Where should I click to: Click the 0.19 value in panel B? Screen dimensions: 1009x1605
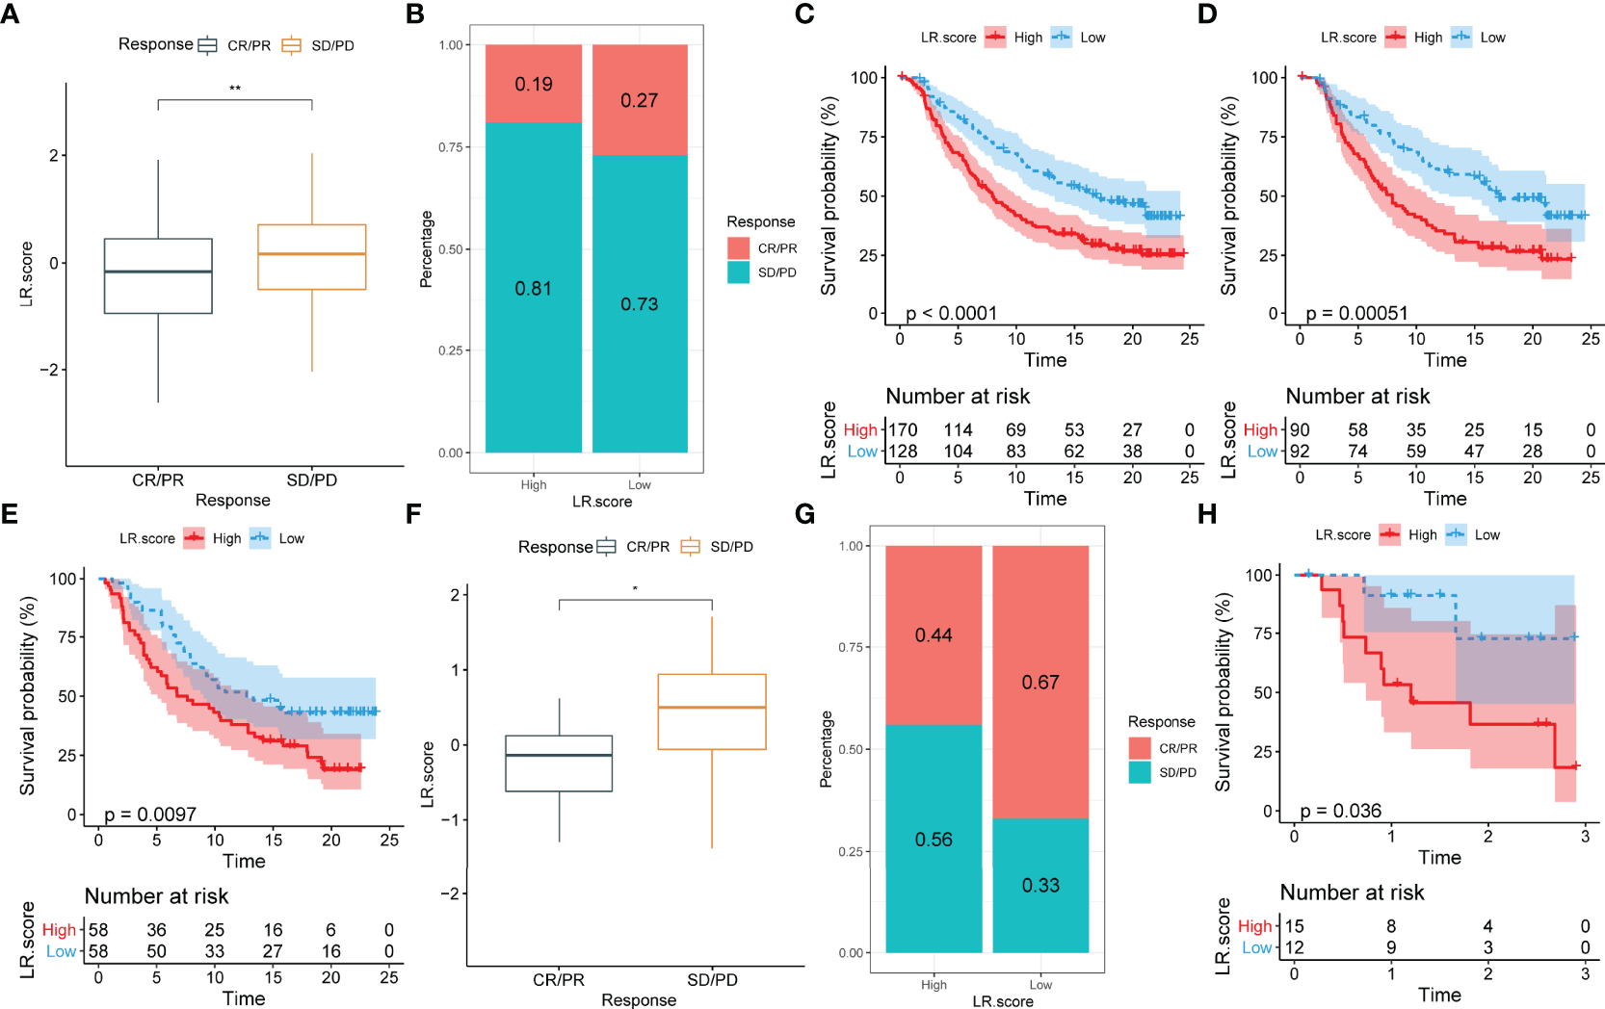(x=534, y=85)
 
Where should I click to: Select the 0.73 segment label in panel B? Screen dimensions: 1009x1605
(x=640, y=304)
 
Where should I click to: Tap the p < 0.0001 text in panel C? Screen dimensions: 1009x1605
(x=951, y=313)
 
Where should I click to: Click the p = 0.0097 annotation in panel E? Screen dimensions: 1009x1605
(x=149, y=815)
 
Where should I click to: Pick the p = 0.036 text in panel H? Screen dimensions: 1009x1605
(x=1340, y=811)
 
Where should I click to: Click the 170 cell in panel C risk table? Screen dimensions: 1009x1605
(x=903, y=430)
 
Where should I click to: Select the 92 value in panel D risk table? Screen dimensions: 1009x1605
(x=1300, y=452)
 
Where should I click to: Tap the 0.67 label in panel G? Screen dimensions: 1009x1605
(x=1040, y=683)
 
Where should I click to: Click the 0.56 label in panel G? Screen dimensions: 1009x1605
(x=934, y=840)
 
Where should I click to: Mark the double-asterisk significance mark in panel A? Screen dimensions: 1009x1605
(x=235, y=90)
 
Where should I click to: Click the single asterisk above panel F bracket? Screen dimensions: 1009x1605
(x=635, y=589)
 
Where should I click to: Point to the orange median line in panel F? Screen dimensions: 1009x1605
(x=712, y=708)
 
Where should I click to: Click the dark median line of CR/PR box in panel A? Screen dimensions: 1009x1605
(x=158, y=272)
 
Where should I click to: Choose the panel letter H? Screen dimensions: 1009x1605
(x=1207, y=514)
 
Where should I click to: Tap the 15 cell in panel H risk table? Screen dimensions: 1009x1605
(x=1295, y=926)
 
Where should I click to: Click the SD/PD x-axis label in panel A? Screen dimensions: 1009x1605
(x=312, y=479)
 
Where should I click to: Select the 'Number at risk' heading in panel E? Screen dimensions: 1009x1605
(x=157, y=896)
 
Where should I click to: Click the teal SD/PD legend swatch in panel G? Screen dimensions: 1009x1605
(x=1140, y=772)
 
